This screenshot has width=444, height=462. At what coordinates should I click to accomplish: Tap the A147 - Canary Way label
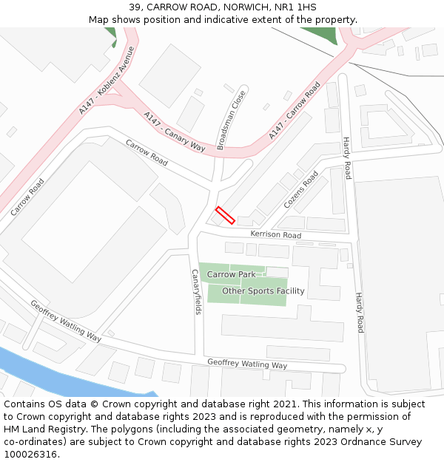tap(174, 131)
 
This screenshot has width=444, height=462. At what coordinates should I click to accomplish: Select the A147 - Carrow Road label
tap(295, 111)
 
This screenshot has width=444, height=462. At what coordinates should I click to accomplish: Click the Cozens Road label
tap(301, 188)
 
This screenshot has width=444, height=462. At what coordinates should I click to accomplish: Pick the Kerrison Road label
tap(275, 234)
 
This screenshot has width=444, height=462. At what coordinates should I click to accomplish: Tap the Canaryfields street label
tap(196, 291)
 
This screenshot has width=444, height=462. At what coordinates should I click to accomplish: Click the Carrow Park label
tap(231, 274)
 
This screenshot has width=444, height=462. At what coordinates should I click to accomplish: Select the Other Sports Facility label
tap(263, 291)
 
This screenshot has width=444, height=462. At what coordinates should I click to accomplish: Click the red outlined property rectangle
tap(225, 215)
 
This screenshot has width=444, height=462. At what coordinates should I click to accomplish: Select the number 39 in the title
tap(134, 7)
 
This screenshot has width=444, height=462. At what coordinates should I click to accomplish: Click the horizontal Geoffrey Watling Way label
tap(247, 364)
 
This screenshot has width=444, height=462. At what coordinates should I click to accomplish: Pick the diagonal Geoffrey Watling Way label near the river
tap(65, 321)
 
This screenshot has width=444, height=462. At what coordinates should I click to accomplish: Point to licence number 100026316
tap(30, 454)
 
